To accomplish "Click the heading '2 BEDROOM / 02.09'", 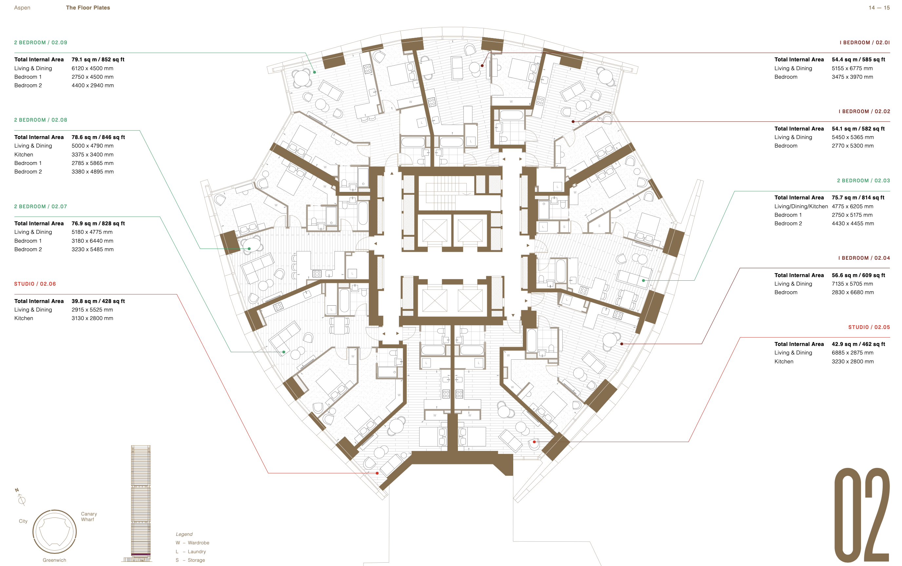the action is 41,43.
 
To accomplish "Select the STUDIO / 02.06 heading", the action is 35,284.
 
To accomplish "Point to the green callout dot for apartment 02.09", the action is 315,72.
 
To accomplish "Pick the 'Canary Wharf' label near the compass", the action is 89,516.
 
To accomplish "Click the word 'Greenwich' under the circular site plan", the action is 54,560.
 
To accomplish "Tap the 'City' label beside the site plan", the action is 23,521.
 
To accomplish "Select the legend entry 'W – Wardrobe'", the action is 193,543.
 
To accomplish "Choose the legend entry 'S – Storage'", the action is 190,560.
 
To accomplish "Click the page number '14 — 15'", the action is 879,8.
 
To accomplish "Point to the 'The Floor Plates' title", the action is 88,8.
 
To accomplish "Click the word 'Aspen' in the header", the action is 22,8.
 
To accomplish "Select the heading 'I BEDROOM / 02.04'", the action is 864,258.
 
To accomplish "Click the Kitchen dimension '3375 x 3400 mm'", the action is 92,154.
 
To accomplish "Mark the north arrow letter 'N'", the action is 17,490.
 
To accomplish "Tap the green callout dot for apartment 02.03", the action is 643,280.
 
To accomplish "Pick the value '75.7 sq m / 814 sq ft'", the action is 858,198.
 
